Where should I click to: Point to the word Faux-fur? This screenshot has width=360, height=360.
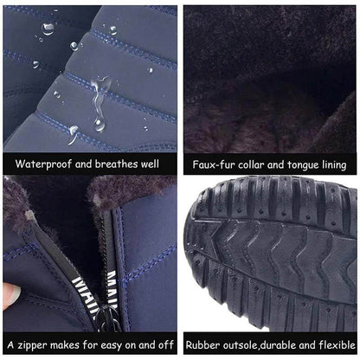tap(215, 164)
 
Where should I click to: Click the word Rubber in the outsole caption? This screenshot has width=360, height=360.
tap(205, 344)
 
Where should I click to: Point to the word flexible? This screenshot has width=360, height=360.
tap(331, 344)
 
